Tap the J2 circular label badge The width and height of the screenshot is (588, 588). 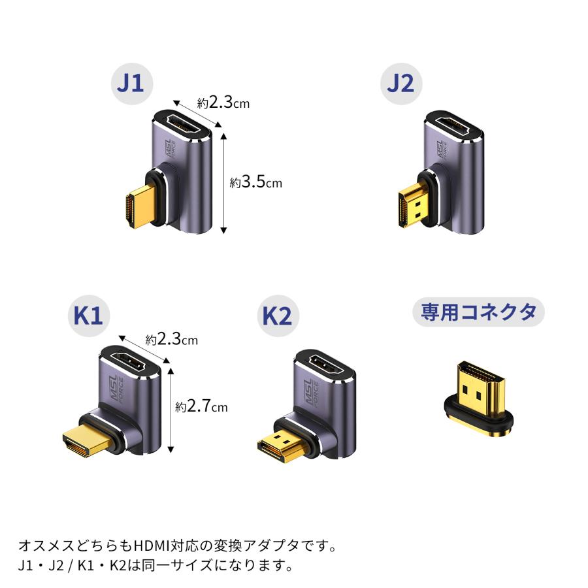[400, 85]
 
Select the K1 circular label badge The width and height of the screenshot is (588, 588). [88, 316]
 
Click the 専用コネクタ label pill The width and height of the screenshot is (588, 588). [478, 312]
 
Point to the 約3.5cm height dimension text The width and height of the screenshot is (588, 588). [255, 182]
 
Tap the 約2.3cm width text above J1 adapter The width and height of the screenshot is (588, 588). [223, 103]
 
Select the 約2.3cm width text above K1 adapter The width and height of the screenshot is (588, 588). [171, 340]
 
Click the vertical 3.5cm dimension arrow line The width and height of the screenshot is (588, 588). [223, 183]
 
